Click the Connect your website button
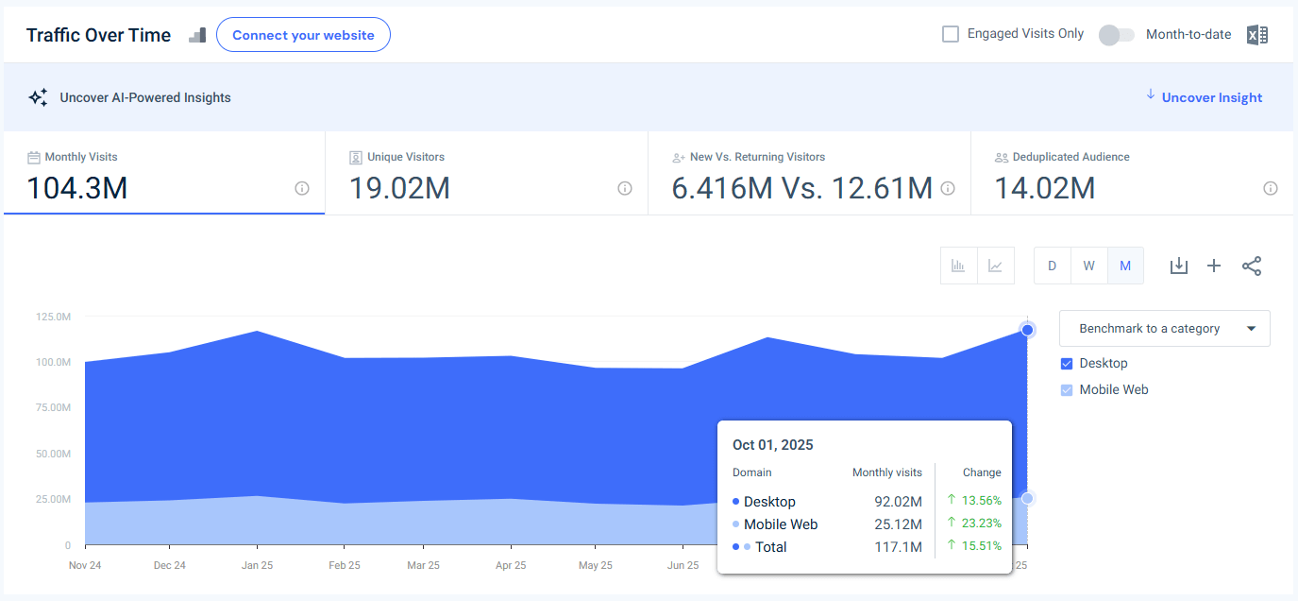[303, 35]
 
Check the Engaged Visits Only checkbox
[951, 34]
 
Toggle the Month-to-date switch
[1116, 35]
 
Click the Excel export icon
[1256, 35]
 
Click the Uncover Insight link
[1211, 97]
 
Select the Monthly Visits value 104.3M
[76, 188]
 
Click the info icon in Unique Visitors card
[624, 188]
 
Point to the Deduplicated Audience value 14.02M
[1045, 188]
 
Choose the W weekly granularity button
[1088, 266]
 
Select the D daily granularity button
[1052, 266]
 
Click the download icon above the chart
[1178, 266]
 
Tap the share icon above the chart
[1252, 266]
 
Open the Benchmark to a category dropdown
[1164, 329]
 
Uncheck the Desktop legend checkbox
[1067, 364]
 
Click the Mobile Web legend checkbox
[1067, 390]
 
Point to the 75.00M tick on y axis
[52, 407]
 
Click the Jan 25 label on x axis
[257, 565]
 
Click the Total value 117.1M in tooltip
[898, 547]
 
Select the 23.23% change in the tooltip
[981, 524]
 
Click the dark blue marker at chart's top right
[1027, 330]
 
